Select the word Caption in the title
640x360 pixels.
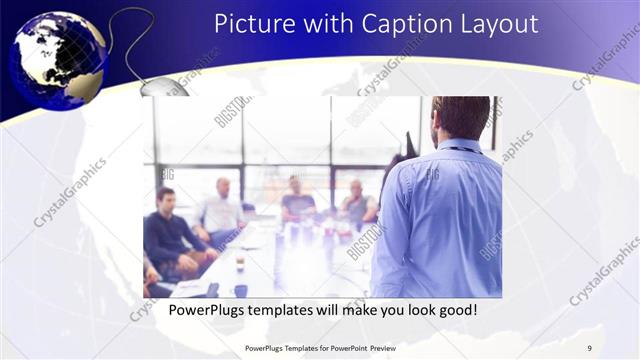point(402,23)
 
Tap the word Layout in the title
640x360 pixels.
point(501,23)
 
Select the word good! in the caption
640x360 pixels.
point(455,311)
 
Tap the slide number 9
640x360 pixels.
point(589,348)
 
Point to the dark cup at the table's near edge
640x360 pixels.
point(241,290)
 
